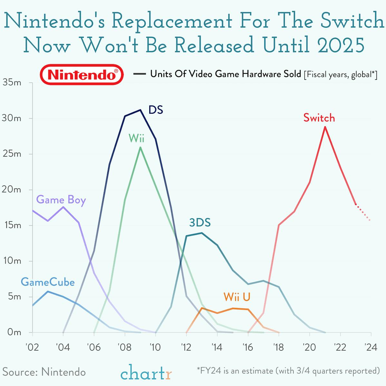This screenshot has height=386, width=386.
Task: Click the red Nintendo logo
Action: pos(82,75)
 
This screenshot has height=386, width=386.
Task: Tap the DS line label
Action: pos(156,110)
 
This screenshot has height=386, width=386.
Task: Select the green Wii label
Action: pos(136,138)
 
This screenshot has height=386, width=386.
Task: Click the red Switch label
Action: pos(319,118)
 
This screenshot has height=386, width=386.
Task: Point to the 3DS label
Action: pos(200,223)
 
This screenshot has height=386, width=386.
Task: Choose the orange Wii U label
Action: pos(237,297)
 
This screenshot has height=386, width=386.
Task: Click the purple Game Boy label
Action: pos(61,200)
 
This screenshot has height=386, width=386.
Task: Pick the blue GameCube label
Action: pos(48,282)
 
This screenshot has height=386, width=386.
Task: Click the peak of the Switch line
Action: pos(325,127)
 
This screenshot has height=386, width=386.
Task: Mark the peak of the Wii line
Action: pos(140,147)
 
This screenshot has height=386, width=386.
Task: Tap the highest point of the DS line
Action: pos(140,110)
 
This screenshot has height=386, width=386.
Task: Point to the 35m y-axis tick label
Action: pos(12,83)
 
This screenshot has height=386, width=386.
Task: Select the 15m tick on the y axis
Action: pos(12,225)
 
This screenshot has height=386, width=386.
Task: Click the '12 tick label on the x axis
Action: pos(186,347)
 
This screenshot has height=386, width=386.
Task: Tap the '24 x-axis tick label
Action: pos(371,347)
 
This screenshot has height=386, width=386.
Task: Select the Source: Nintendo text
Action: pos(44,372)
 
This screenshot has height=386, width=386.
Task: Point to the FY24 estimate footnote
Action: pos(288,371)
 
